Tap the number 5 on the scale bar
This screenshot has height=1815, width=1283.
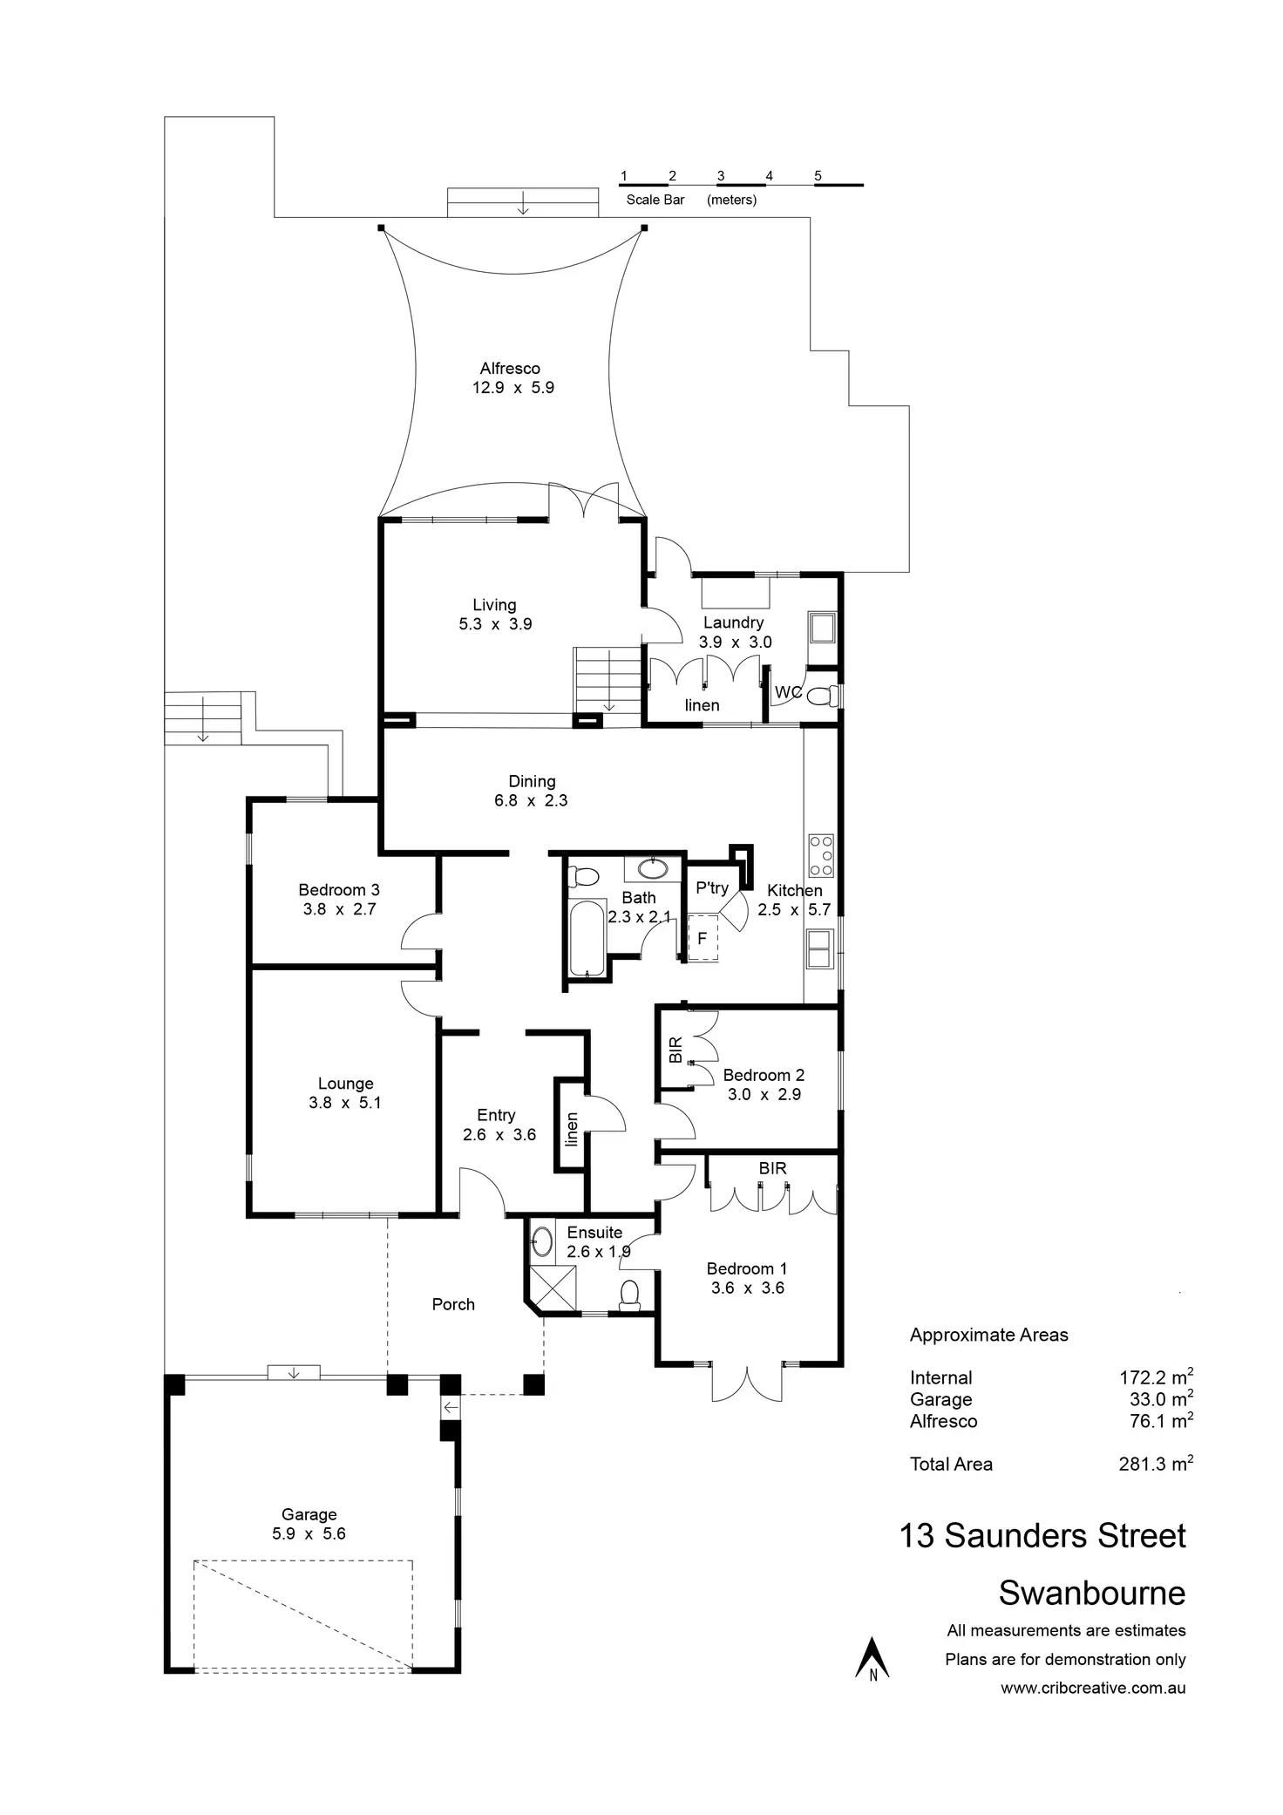818,176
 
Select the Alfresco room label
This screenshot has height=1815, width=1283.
510,369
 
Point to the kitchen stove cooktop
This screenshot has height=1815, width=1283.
821,855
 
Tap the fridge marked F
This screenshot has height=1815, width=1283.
703,939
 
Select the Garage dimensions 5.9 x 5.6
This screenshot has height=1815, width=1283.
309,1533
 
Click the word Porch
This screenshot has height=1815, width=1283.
453,1304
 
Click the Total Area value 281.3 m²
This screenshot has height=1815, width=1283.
1155,1465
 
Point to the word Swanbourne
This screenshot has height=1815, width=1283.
1091,1593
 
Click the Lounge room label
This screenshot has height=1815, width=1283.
345,1084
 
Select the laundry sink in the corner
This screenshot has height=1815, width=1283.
822,627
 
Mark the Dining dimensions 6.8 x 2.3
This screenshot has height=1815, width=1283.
531,800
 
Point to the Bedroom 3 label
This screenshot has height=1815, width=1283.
339,890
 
